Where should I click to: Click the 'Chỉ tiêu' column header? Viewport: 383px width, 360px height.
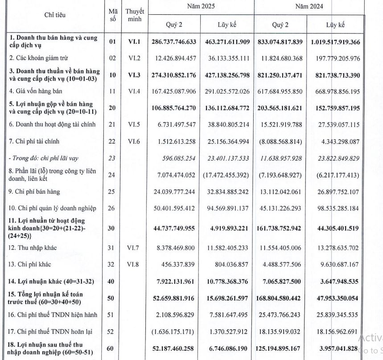[x=55, y=15]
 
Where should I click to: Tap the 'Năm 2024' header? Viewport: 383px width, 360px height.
[x=309, y=7]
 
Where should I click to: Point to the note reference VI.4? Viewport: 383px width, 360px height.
[x=134, y=91]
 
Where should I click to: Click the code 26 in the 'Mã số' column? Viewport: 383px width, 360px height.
[x=112, y=209]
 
